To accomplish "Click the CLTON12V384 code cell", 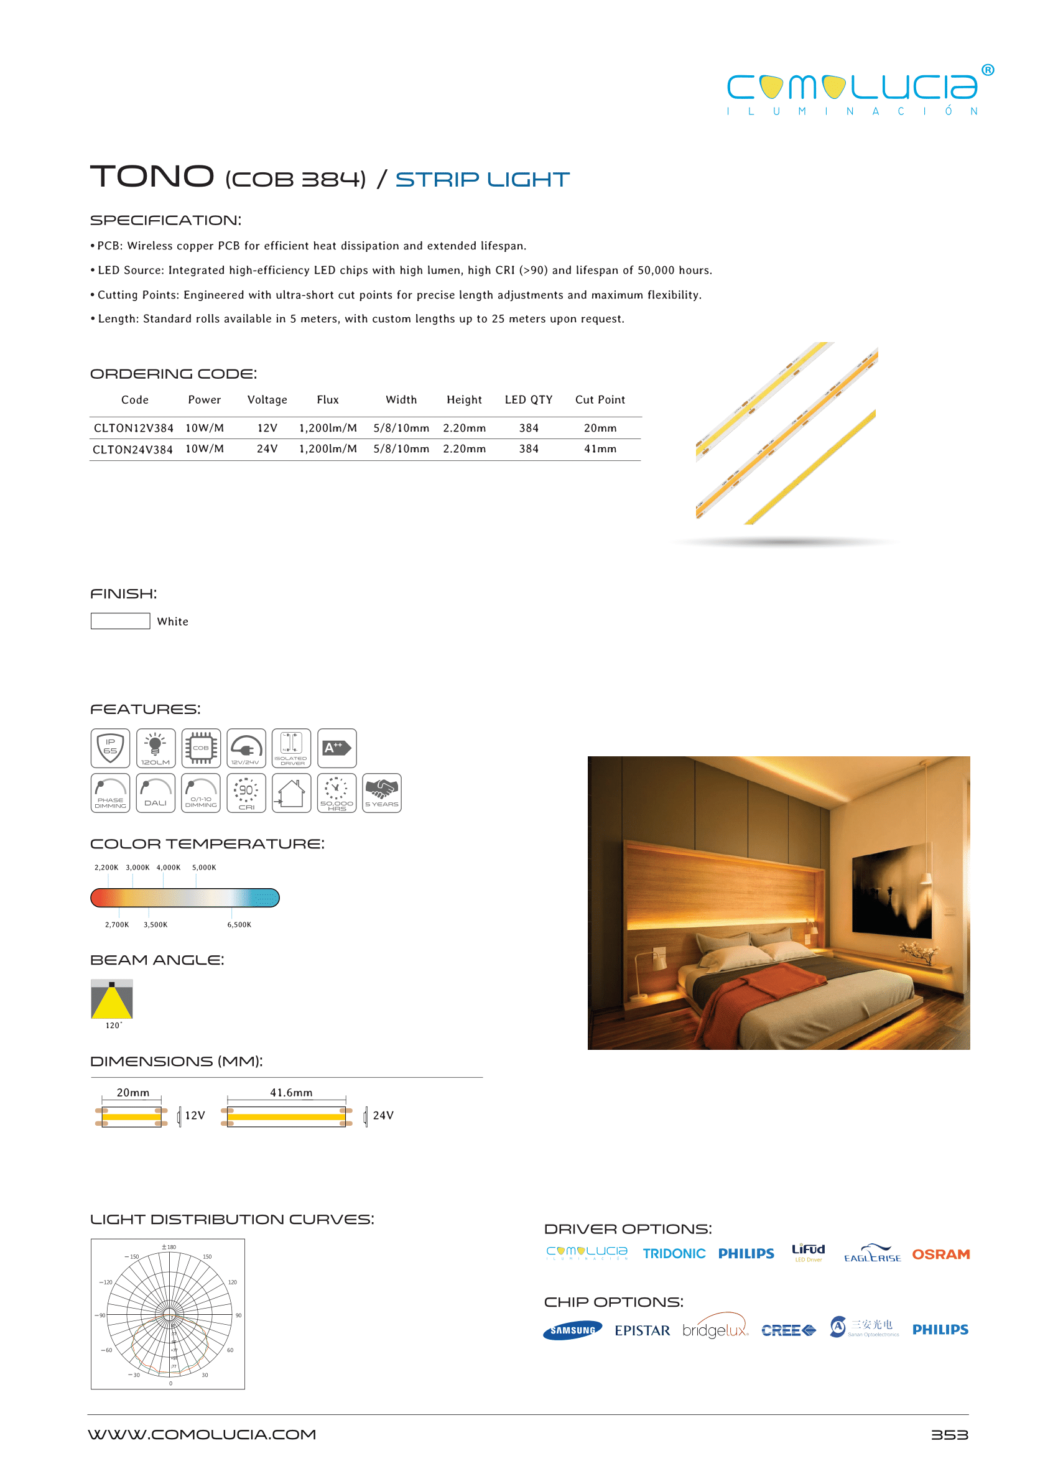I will tap(134, 428).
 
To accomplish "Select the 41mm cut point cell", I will tap(600, 449).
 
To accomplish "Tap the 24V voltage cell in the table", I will tap(267, 449).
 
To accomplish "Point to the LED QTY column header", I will tap(528, 399).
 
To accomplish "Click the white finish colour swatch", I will tap(120, 621).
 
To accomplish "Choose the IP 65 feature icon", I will tap(110, 748).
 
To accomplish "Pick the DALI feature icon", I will tap(155, 793).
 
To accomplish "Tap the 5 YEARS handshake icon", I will tap(382, 793).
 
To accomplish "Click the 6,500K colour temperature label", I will tap(239, 924).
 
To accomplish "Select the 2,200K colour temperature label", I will tap(106, 867).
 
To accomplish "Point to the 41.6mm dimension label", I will tap(291, 1093).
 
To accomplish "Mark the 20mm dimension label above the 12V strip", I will tap(133, 1093).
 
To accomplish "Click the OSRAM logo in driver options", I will tap(940, 1254).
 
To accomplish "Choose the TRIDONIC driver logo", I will tap(674, 1253).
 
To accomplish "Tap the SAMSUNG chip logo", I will tap(572, 1330).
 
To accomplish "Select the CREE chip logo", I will tap(788, 1330).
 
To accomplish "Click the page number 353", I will tap(949, 1434).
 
